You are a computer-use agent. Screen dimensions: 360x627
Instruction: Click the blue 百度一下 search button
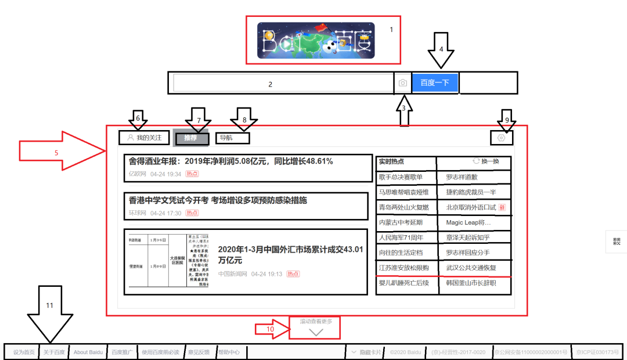point(435,82)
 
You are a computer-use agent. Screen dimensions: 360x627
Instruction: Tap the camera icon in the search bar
point(403,83)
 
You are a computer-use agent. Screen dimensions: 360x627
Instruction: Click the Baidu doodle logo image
point(316,39)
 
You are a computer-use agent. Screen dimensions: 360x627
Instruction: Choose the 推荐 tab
point(191,138)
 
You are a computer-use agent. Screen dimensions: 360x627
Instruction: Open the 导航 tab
point(226,138)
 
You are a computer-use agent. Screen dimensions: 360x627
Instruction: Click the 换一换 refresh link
point(487,161)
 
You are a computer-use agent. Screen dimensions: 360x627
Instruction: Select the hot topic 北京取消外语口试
point(471,207)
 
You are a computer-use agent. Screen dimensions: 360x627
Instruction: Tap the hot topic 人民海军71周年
point(401,237)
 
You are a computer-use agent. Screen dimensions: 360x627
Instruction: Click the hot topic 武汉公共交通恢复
point(471,268)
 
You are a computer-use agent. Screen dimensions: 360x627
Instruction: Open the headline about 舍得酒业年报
point(231,161)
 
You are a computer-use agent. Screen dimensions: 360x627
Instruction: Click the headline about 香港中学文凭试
point(218,200)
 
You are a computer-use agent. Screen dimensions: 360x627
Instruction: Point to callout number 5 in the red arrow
point(56,153)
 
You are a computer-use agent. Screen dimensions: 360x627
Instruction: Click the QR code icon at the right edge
point(616,241)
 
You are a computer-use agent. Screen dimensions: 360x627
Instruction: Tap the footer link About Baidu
point(88,352)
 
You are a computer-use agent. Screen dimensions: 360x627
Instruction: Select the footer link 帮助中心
point(228,352)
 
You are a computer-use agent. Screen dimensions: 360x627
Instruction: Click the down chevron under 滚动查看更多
point(316,333)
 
